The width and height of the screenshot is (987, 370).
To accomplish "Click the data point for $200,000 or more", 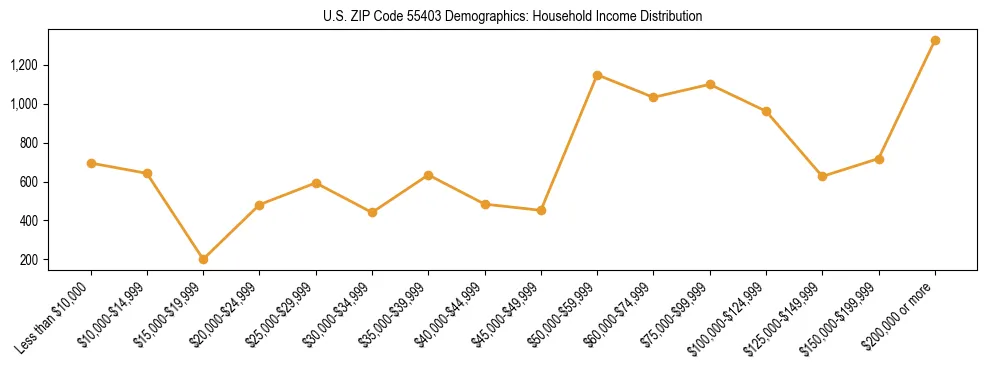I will pyautogui.click(x=935, y=41).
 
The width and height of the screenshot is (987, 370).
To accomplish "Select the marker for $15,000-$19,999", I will pyautogui.click(x=203, y=259).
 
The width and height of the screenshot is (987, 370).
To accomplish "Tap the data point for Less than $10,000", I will pyautogui.click(x=91, y=163).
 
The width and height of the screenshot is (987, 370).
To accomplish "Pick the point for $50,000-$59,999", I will pyautogui.click(x=597, y=75).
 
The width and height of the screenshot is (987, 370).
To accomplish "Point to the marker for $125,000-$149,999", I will pyautogui.click(x=822, y=176).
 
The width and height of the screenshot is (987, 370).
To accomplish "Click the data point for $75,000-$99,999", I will pyautogui.click(x=710, y=84).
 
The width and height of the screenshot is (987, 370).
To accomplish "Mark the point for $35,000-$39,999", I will pyautogui.click(x=428, y=175).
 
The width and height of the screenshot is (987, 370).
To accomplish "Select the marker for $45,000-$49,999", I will pyautogui.click(x=541, y=210).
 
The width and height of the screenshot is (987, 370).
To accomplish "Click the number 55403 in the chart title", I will pyautogui.click(x=411, y=17).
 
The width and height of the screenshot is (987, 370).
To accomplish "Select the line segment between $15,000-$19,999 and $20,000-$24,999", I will pyautogui.click(x=231, y=232).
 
